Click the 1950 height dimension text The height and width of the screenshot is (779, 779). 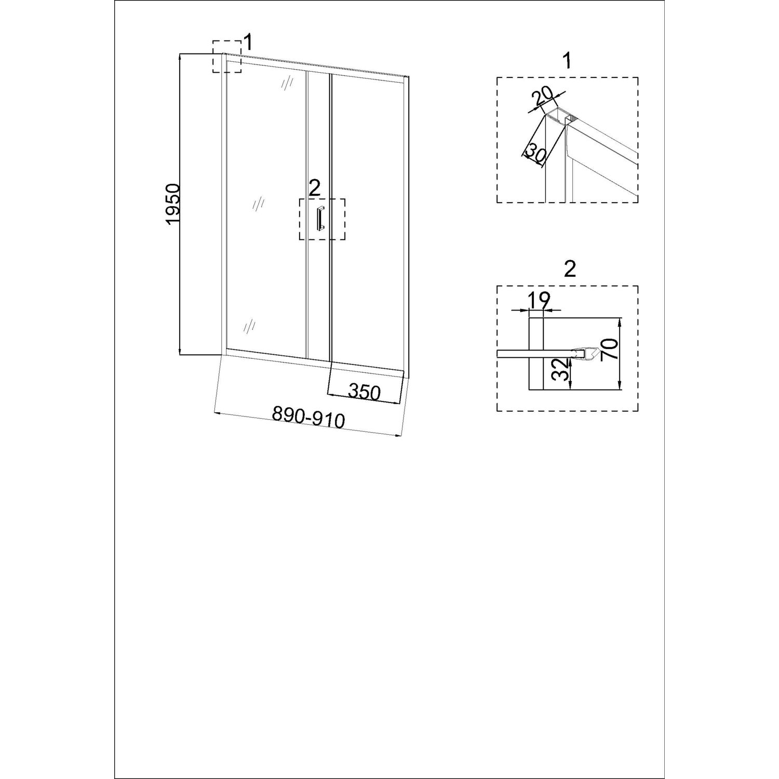[173, 204]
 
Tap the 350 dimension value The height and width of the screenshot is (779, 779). [365, 392]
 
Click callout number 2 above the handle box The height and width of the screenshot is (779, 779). [314, 188]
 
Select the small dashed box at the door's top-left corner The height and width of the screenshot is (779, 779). [227, 56]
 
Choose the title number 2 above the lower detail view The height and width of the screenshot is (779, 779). [570, 269]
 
